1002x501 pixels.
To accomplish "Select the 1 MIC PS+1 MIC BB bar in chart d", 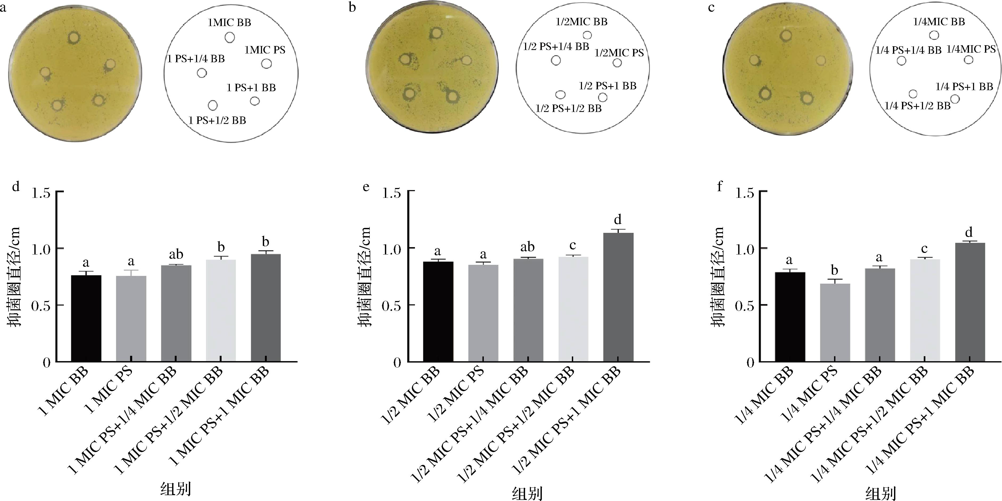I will coord(266,308).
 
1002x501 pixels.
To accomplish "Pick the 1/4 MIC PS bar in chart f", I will coord(834,323).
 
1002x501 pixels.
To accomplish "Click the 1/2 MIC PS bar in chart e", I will coord(483,313).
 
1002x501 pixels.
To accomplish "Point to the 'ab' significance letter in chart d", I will coord(176,255).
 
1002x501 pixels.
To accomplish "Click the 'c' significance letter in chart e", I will coord(573,246).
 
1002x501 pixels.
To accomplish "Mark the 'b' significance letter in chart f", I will coord(834,270).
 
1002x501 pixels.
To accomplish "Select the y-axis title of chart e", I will coord(365,277).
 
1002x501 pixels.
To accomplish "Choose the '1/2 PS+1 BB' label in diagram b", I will coord(608,86).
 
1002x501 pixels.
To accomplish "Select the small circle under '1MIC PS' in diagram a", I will coord(267,63).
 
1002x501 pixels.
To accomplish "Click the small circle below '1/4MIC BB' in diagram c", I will coord(934,35).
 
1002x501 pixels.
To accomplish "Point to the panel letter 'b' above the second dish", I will coord(352,7).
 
